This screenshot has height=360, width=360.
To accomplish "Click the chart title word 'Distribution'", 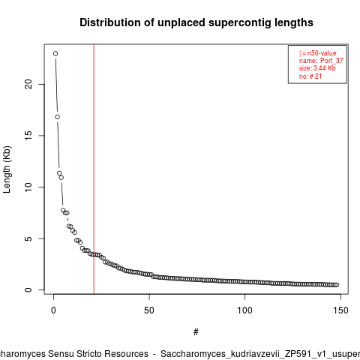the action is (109, 22).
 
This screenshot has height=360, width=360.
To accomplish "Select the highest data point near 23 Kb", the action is (55, 53).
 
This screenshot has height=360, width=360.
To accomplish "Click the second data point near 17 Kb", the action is (58, 117).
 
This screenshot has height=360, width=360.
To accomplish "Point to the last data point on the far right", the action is (337, 285).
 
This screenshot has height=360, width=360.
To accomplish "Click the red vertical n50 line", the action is (94, 169).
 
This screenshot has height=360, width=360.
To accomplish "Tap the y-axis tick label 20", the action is (28, 84).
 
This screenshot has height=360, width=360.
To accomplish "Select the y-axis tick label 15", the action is (28, 136).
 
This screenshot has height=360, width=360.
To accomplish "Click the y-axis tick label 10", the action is (28, 187).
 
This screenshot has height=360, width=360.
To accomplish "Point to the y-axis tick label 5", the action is (28, 238).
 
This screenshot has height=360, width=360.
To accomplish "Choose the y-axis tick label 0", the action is (28, 289).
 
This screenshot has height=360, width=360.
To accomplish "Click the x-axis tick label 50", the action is (149, 310).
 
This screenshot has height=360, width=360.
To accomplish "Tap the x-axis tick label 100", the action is (244, 310).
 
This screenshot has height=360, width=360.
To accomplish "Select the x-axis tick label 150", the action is (340, 310).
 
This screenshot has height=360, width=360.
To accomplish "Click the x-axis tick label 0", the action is (53, 310).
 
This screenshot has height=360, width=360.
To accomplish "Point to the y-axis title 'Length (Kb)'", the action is (7, 169).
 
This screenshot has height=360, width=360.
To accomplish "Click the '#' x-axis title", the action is (196, 332).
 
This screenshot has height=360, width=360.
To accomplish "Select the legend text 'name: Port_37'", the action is (321, 61).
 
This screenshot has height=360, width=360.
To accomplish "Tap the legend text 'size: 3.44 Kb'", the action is (317, 68).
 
